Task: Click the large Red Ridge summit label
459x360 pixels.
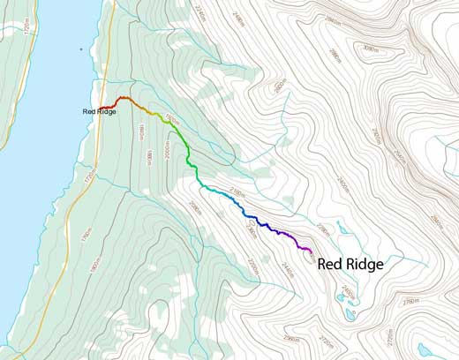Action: coord(350,263)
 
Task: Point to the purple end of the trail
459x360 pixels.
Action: coord(311,251)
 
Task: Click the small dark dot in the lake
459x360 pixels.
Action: coord(81,49)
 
